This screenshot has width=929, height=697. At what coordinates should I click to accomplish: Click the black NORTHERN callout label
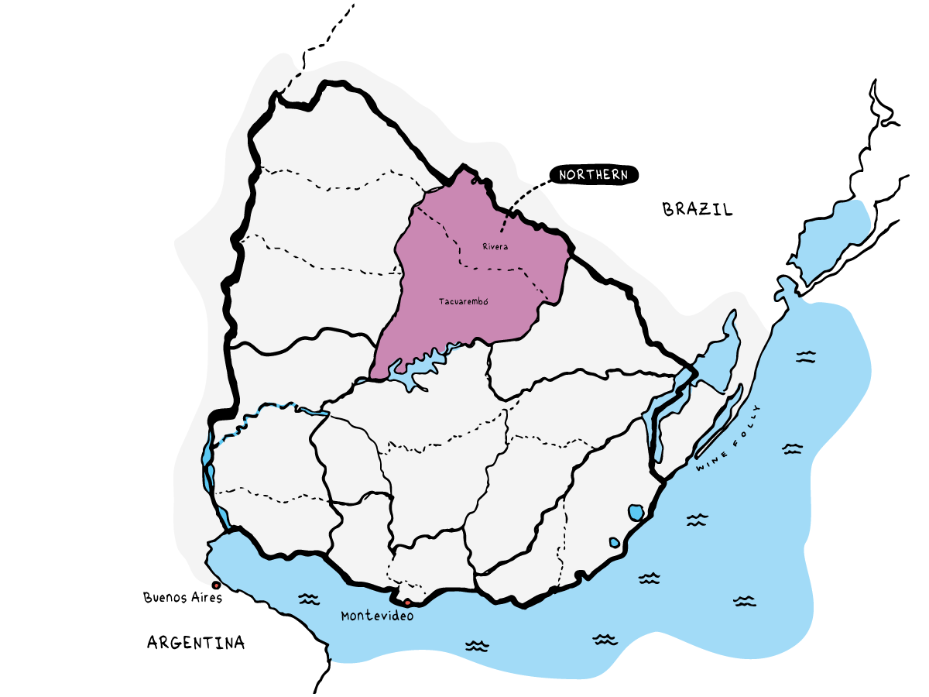[594, 176]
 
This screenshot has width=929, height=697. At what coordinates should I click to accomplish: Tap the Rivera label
[495, 246]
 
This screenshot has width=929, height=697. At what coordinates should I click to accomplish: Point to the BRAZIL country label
[698, 209]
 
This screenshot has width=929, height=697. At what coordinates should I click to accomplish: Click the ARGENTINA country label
[196, 642]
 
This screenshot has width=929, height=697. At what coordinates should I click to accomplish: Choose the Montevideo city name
[377, 616]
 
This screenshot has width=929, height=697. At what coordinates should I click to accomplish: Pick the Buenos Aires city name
[183, 598]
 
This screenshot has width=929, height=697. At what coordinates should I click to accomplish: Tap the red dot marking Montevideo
[408, 602]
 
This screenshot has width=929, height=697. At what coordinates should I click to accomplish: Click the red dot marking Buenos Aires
[215, 585]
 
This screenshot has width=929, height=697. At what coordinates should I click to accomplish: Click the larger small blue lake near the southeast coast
[636, 512]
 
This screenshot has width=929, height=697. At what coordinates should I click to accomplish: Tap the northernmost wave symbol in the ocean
[807, 356]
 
